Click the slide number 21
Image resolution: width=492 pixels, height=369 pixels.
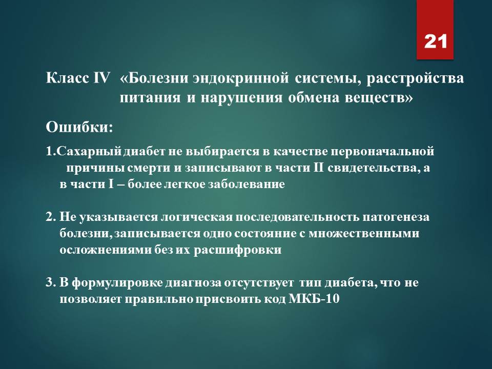pyautogui.click(x=435, y=42)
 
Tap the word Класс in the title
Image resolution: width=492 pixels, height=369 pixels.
pyautogui.click(x=67, y=78)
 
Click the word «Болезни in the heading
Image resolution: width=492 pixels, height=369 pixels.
pyautogui.click(x=153, y=78)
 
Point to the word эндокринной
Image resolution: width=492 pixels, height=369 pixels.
pyautogui.click(x=241, y=78)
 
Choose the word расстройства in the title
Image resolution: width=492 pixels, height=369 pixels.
pyautogui.click(x=415, y=78)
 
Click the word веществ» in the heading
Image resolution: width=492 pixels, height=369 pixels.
pyautogui.click(x=379, y=98)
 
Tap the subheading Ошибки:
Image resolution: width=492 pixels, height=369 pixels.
pyautogui.click(x=79, y=128)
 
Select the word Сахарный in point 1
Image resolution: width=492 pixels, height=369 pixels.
pyautogui.click(x=89, y=152)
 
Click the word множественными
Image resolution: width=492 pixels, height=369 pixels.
pyautogui.click(x=364, y=234)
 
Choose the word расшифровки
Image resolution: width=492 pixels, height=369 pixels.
pyautogui.click(x=237, y=250)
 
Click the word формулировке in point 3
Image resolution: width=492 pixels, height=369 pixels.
pyautogui.click(x=117, y=283)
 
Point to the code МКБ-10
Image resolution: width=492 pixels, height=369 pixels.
pyautogui.click(x=314, y=299)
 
